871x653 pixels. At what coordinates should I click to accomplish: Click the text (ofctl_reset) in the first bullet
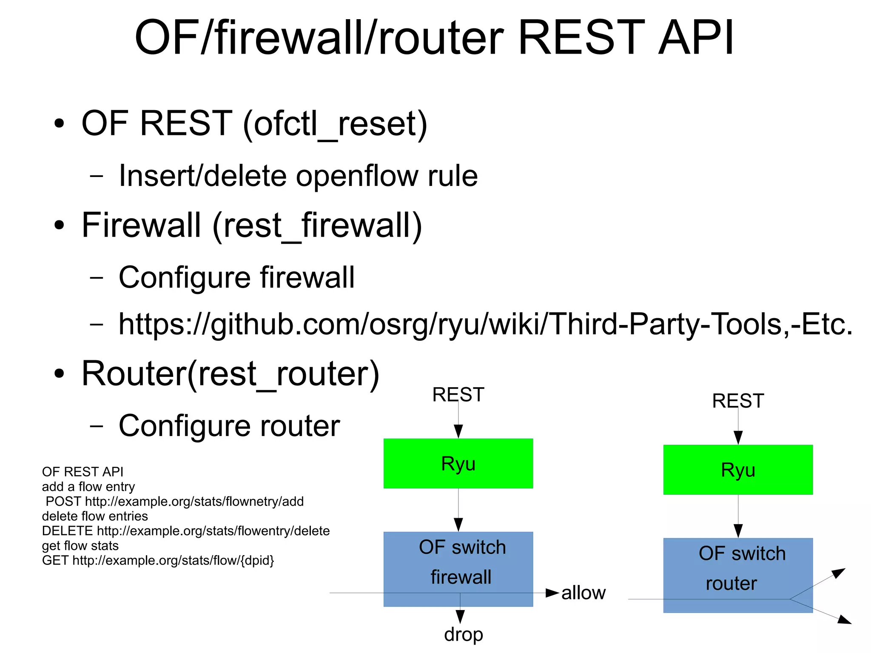pyautogui.click(x=335, y=124)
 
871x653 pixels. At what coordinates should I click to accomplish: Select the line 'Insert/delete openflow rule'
pyautogui.click(x=298, y=176)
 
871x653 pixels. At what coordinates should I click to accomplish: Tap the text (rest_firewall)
pyautogui.click(x=317, y=226)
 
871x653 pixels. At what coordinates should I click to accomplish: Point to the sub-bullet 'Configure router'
pyautogui.click(x=229, y=426)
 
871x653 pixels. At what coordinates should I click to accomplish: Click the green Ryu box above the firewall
pyautogui.click(x=458, y=463)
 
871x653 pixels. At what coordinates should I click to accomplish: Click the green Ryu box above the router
pyautogui.click(x=738, y=470)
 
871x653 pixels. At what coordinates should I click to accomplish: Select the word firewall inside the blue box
pyautogui.click(x=461, y=577)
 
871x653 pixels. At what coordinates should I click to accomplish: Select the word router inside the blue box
pyautogui.click(x=732, y=583)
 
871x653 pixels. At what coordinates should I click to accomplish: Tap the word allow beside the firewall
pyautogui.click(x=583, y=593)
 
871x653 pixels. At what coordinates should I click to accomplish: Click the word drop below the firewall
pyautogui.click(x=464, y=634)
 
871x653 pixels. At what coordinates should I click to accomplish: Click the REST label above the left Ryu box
pyautogui.click(x=458, y=394)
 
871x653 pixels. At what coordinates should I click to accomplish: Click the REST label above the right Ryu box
pyautogui.click(x=738, y=401)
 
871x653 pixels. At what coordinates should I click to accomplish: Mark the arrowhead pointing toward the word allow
pyautogui.click(x=552, y=593)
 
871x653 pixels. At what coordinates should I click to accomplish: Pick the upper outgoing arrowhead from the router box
pyautogui.click(x=839, y=573)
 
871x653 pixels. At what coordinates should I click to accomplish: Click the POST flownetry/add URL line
pyautogui.click(x=174, y=502)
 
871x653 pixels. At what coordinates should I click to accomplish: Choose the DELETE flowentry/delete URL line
pyautogui.click(x=185, y=531)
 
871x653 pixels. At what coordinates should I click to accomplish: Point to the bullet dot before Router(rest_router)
pyautogui.click(x=59, y=374)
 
